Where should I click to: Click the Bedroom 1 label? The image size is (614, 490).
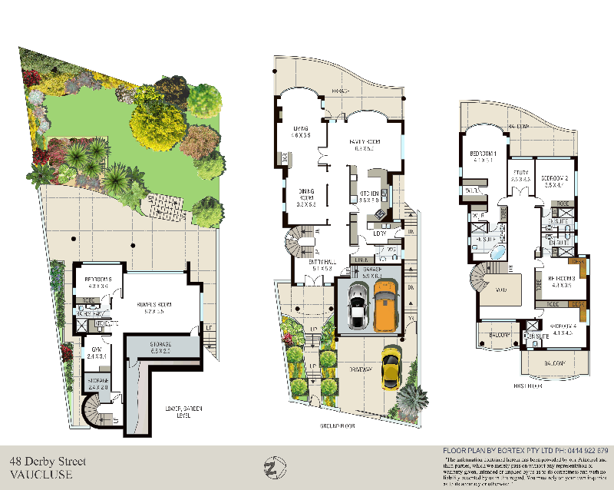tap(484, 157)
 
